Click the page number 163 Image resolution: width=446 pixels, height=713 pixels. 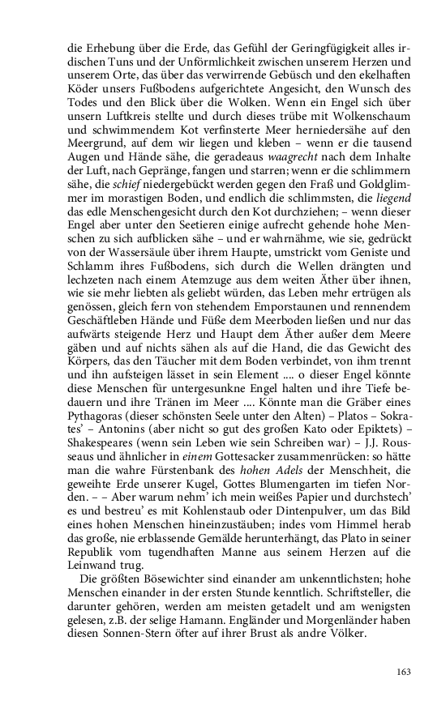(403, 671)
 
